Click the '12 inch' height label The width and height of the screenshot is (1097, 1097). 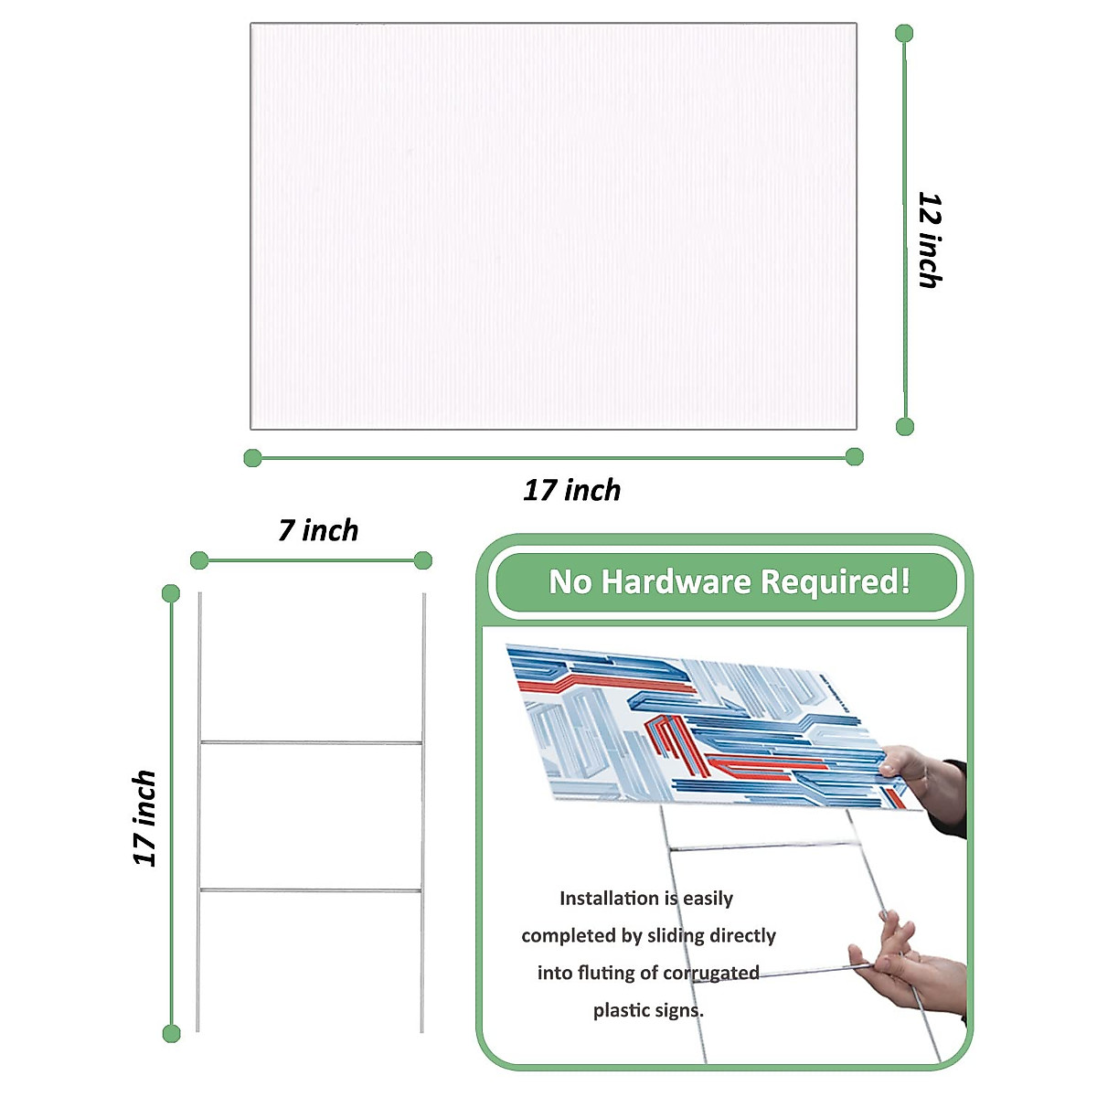pyautogui.click(x=929, y=240)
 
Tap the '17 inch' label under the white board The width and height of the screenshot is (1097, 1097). pyautogui.click(x=571, y=491)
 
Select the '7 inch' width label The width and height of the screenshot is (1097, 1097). pyautogui.click(x=318, y=530)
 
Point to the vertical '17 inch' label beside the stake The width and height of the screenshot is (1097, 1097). pyautogui.click(x=145, y=817)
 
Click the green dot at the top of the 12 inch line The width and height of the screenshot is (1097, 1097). pyautogui.click(x=904, y=34)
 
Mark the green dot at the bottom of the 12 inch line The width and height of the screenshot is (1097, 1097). pyautogui.click(x=905, y=426)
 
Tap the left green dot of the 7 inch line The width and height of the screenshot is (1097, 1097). pyautogui.click(x=199, y=560)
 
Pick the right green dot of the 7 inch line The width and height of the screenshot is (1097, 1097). pyautogui.click(x=422, y=560)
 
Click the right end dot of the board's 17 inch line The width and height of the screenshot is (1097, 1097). pyautogui.click(x=855, y=456)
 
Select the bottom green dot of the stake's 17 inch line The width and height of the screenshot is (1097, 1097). pyautogui.click(x=171, y=1034)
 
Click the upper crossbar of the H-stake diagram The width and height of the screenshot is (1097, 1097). pyautogui.click(x=311, y=742)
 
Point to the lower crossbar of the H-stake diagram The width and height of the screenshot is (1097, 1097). pyautogui.click(x=311, y=889)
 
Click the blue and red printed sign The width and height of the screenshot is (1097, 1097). pyautogui.click(x=695, y=722)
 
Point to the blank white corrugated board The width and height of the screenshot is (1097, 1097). pyautogui.click(x=553, y=226)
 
